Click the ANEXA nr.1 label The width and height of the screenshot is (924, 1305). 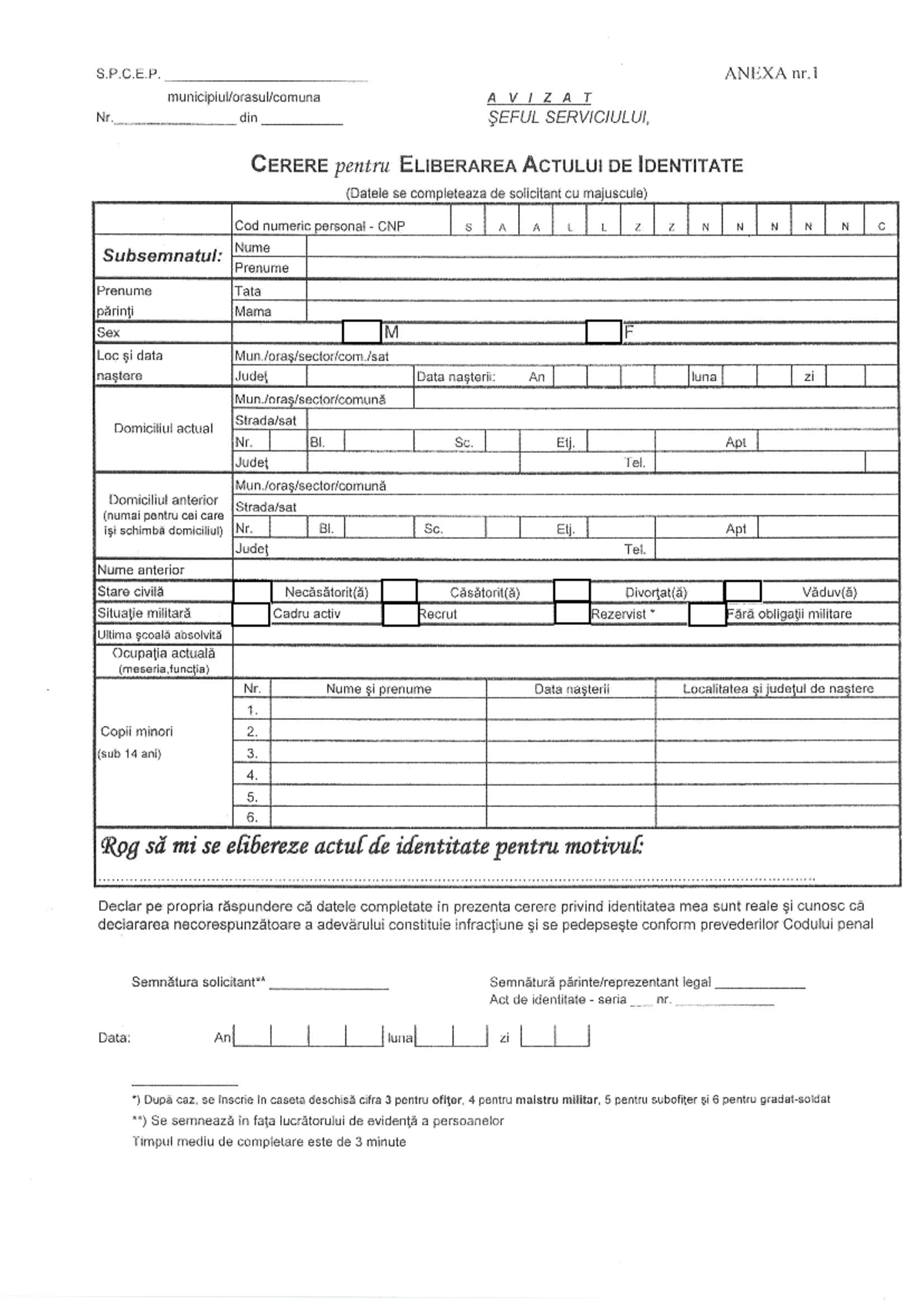771,73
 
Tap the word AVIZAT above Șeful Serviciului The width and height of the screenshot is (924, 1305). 540,98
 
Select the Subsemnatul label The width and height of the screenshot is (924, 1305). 162,256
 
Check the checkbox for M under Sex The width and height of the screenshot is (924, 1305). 362,332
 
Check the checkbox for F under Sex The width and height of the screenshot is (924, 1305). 604,332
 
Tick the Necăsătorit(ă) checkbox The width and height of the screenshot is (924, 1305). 252,592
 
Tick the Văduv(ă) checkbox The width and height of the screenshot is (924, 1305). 743,591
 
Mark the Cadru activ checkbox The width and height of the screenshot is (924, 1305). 250,614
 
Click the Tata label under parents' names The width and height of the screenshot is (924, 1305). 248,291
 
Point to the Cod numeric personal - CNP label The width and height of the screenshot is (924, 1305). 320,226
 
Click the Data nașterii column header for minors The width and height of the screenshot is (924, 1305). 571,689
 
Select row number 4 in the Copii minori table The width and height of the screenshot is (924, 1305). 252,775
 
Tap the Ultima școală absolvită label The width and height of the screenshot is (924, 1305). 159,635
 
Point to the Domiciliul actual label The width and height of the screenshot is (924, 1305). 163,428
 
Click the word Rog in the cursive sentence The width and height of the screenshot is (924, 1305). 120,848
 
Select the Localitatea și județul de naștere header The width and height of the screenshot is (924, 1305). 778,689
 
